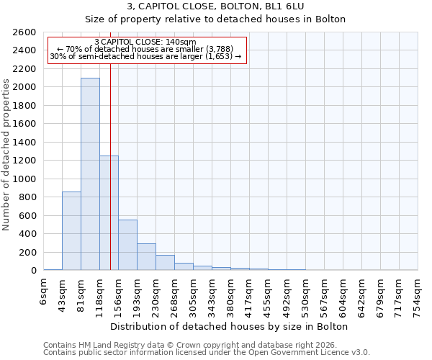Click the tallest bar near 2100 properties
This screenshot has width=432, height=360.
tap(90, 174)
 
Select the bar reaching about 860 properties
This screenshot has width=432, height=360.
tap(71, 230)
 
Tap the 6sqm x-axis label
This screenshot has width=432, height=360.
tap(44, 292)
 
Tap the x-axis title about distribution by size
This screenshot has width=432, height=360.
tap(230, 326)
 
